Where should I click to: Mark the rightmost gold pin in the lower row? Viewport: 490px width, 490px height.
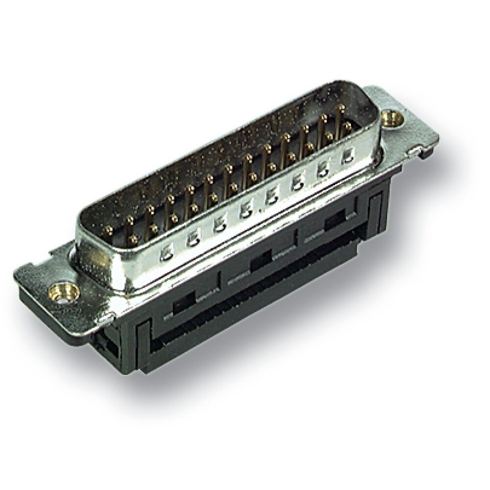[347, 126]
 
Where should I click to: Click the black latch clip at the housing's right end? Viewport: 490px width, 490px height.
[376, 211]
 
